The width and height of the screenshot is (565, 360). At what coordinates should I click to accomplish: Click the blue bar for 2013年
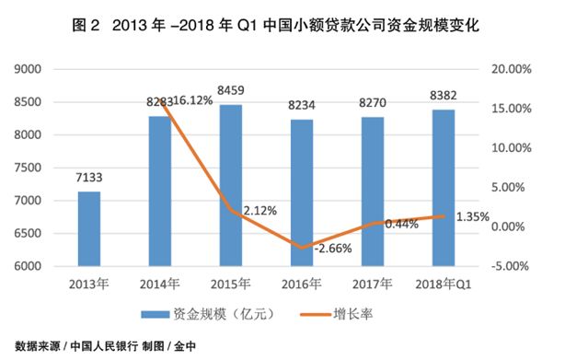89,228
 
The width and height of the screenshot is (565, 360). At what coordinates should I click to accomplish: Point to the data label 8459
230,91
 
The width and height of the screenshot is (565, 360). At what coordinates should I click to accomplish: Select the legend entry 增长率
353,315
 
